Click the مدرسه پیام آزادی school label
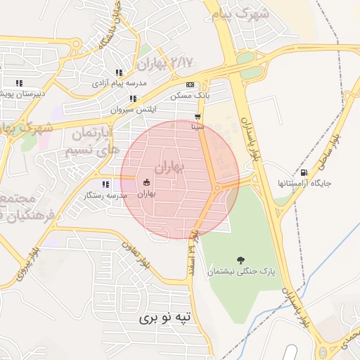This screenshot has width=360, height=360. pyautogui.click(x=120, y=83)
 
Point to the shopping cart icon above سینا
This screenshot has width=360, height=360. pyautogui.click(x=198, y=117)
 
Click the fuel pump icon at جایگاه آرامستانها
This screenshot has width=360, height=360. pyautogui.click(x=304, y=172)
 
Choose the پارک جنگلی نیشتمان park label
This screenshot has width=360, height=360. pyautogui.click(x=239, y=271)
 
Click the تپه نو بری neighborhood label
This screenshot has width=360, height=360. pyautogui.click(x=165, y=318)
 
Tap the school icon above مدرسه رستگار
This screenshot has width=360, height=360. pyautogui.click(x=105, y=185)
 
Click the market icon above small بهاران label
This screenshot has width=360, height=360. pyautogui.click(x=146, y=183)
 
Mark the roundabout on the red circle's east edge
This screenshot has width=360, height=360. pyautogui.click(x=220, y=187)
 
